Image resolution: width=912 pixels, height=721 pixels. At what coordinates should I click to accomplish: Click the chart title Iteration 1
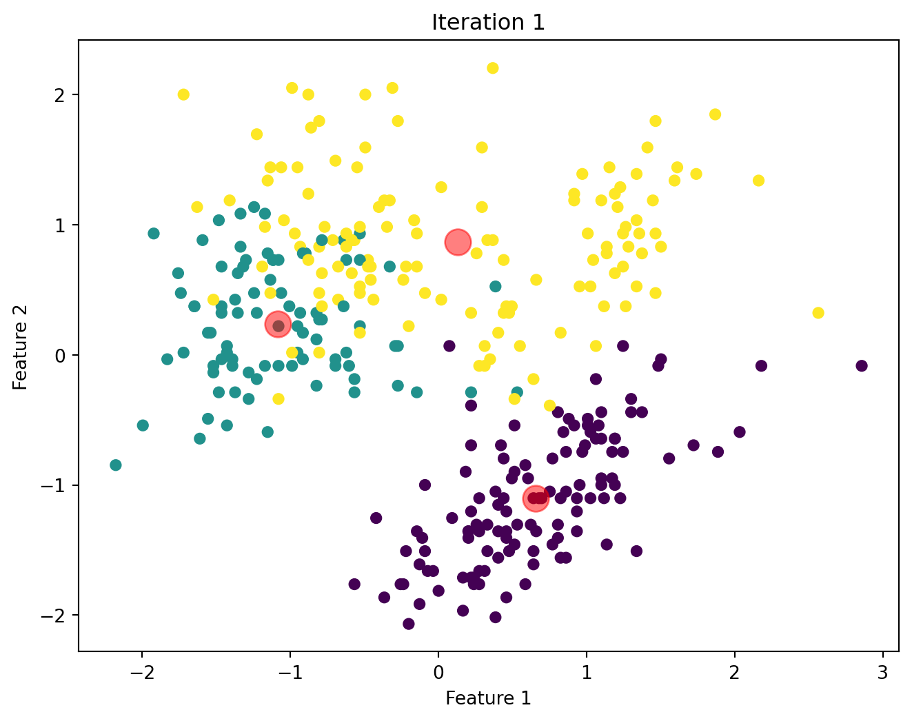tap(488, 23)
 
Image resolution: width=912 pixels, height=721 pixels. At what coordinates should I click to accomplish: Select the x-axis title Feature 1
tap(488, 698)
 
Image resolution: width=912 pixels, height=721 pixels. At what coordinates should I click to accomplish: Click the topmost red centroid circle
tap(458, 242)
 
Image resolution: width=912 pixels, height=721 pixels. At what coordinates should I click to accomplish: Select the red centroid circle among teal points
tap(278, 325)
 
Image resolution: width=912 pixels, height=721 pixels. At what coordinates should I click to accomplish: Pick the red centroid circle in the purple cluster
tap(536, 498)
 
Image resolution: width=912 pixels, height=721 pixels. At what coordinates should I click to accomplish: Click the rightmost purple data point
tap(861, 365)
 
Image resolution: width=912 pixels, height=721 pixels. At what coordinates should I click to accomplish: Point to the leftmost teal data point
tap(116, 465)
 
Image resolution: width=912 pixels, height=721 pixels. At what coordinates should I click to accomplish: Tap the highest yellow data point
tap(492, 68)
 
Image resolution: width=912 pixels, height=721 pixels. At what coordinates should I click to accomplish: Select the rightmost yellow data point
tap(818, 313)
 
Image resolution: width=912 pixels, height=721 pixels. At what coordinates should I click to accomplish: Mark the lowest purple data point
tap(409, 624)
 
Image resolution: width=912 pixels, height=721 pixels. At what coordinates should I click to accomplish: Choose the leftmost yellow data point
tap(183, 94)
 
